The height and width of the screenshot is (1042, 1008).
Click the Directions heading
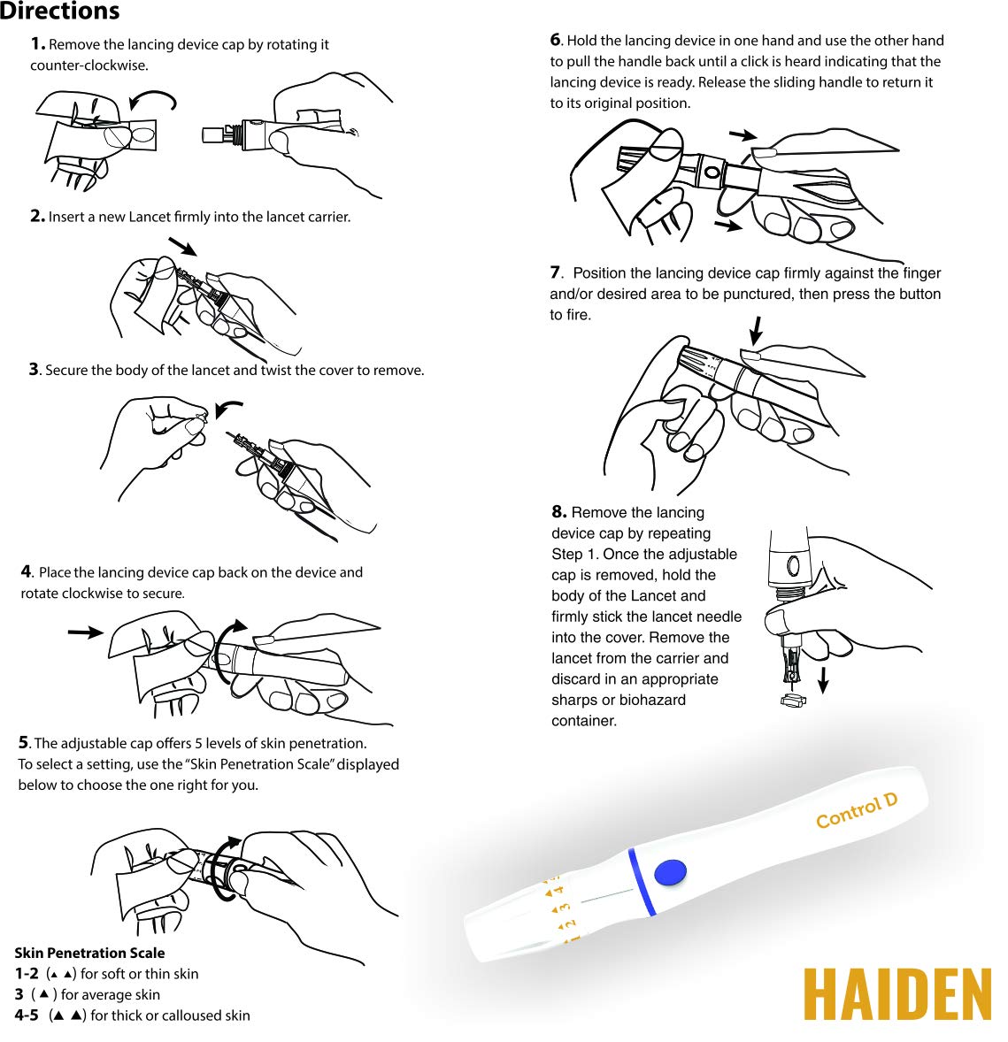(60, 11)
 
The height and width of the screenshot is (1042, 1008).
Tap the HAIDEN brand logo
(897, 994)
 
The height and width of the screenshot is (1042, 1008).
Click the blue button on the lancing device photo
(670, 872)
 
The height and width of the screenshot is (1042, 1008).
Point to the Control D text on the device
(857, 811)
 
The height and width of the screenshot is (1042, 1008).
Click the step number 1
(37, 44)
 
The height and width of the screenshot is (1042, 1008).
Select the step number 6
(556, 40)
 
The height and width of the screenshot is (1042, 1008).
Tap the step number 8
(558, 511)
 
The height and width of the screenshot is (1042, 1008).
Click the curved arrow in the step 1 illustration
(153, 99)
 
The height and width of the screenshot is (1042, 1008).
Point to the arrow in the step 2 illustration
(183, 246)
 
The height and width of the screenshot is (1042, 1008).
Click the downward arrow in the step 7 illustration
(755, 330)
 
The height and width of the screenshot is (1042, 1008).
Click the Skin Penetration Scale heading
(89, 953)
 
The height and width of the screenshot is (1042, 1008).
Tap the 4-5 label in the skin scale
(27, 1015)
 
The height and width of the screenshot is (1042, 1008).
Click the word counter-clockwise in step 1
(89, 65)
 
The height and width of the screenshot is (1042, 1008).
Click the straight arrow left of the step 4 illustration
(86, 632)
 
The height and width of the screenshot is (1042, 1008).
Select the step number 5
(24, 742)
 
